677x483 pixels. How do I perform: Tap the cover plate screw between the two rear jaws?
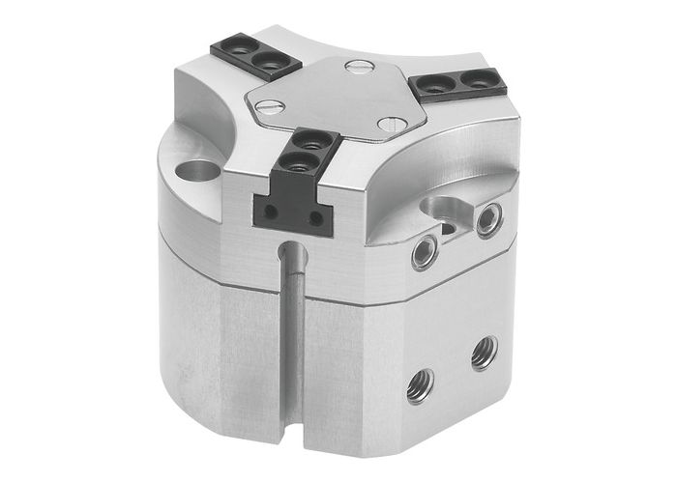pos(358,67)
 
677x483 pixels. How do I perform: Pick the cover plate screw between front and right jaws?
pos(389,124)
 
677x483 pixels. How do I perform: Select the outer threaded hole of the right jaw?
pos(473,76)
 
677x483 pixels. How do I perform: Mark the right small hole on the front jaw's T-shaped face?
pos(315,218)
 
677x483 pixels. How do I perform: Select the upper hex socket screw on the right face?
pos(487,219)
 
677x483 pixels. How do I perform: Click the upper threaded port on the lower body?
pos(485,353)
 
